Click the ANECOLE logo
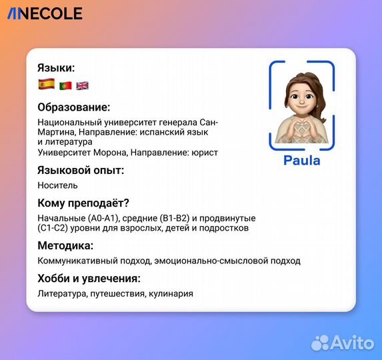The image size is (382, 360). (45, 13)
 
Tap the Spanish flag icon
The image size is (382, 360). (47, 84)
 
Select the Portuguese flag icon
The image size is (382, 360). (65, 85)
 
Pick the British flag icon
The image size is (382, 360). (83, 85)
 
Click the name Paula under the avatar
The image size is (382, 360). (301, 161)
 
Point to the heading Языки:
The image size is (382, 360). (56, 68)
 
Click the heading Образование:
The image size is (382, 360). (74, 107)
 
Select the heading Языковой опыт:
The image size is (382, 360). (81, 170)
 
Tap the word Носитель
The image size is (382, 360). (57, 185)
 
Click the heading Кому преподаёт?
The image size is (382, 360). (83, 203)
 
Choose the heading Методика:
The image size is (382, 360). (65, 245)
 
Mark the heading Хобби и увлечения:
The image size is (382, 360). (89, 279)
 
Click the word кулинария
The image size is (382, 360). (171, 294)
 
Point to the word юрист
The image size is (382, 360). (205, 153)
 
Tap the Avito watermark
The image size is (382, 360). (343, 343)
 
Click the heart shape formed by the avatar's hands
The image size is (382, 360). (301, 126)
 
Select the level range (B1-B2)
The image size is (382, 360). (175, 218)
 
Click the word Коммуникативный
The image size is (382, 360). (77, 261)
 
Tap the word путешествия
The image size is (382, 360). (117, 294)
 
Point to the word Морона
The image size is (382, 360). (110, 153)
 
